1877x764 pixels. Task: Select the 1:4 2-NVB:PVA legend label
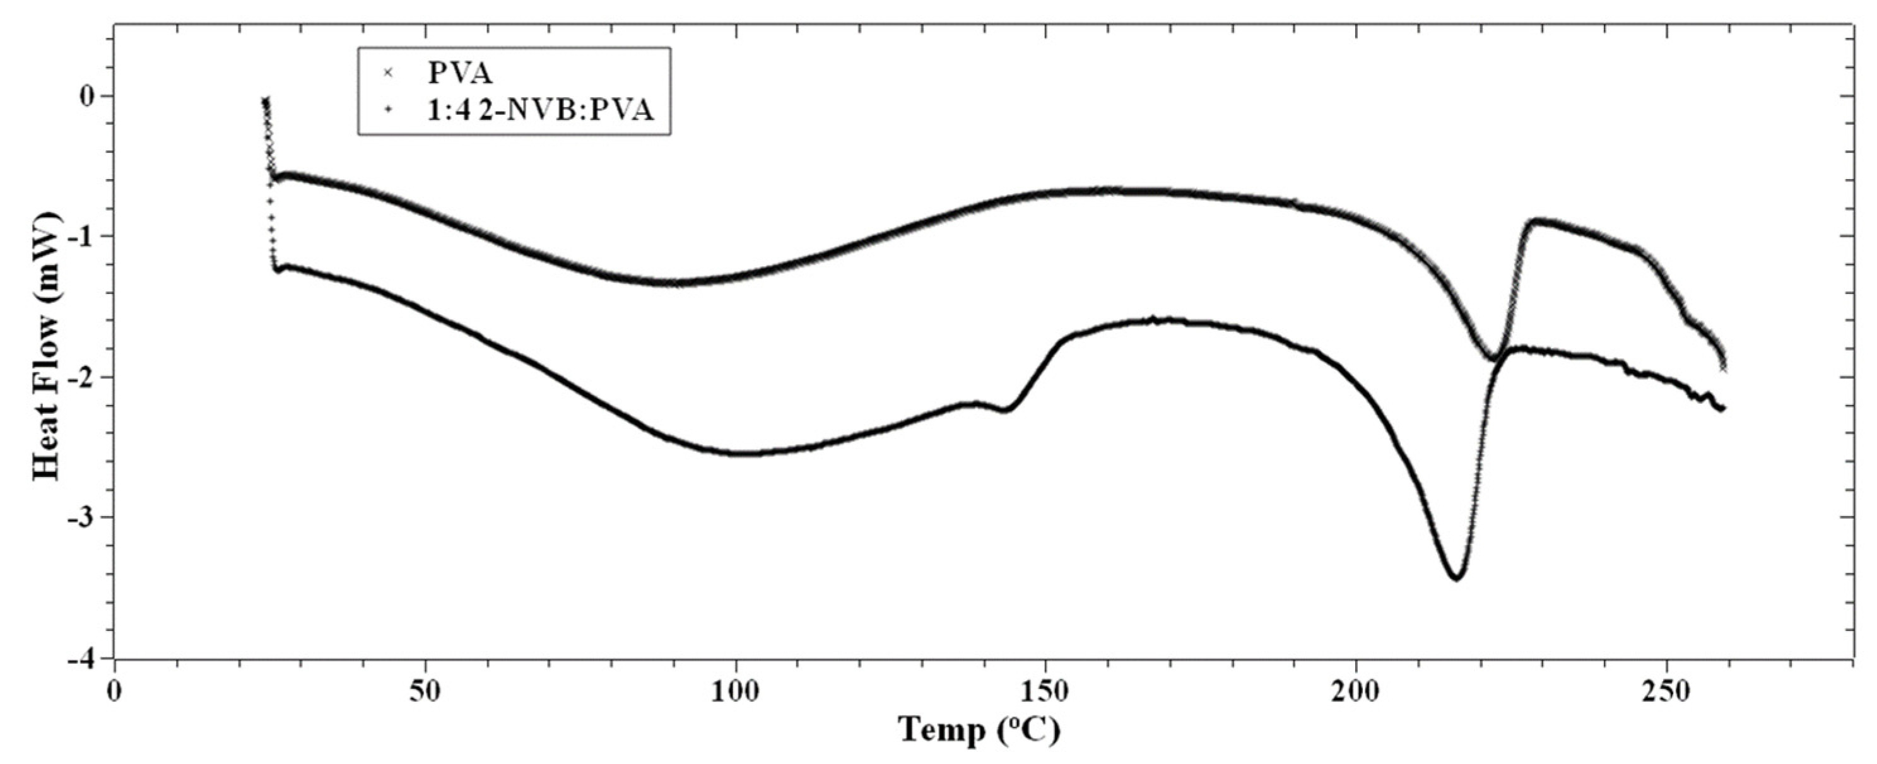point(540,110)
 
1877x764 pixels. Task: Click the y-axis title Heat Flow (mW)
point(47,346)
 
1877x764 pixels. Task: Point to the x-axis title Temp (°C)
point(978,730)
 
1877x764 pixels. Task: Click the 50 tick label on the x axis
point(425,692)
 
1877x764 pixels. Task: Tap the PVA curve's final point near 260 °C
point(1723,368)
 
